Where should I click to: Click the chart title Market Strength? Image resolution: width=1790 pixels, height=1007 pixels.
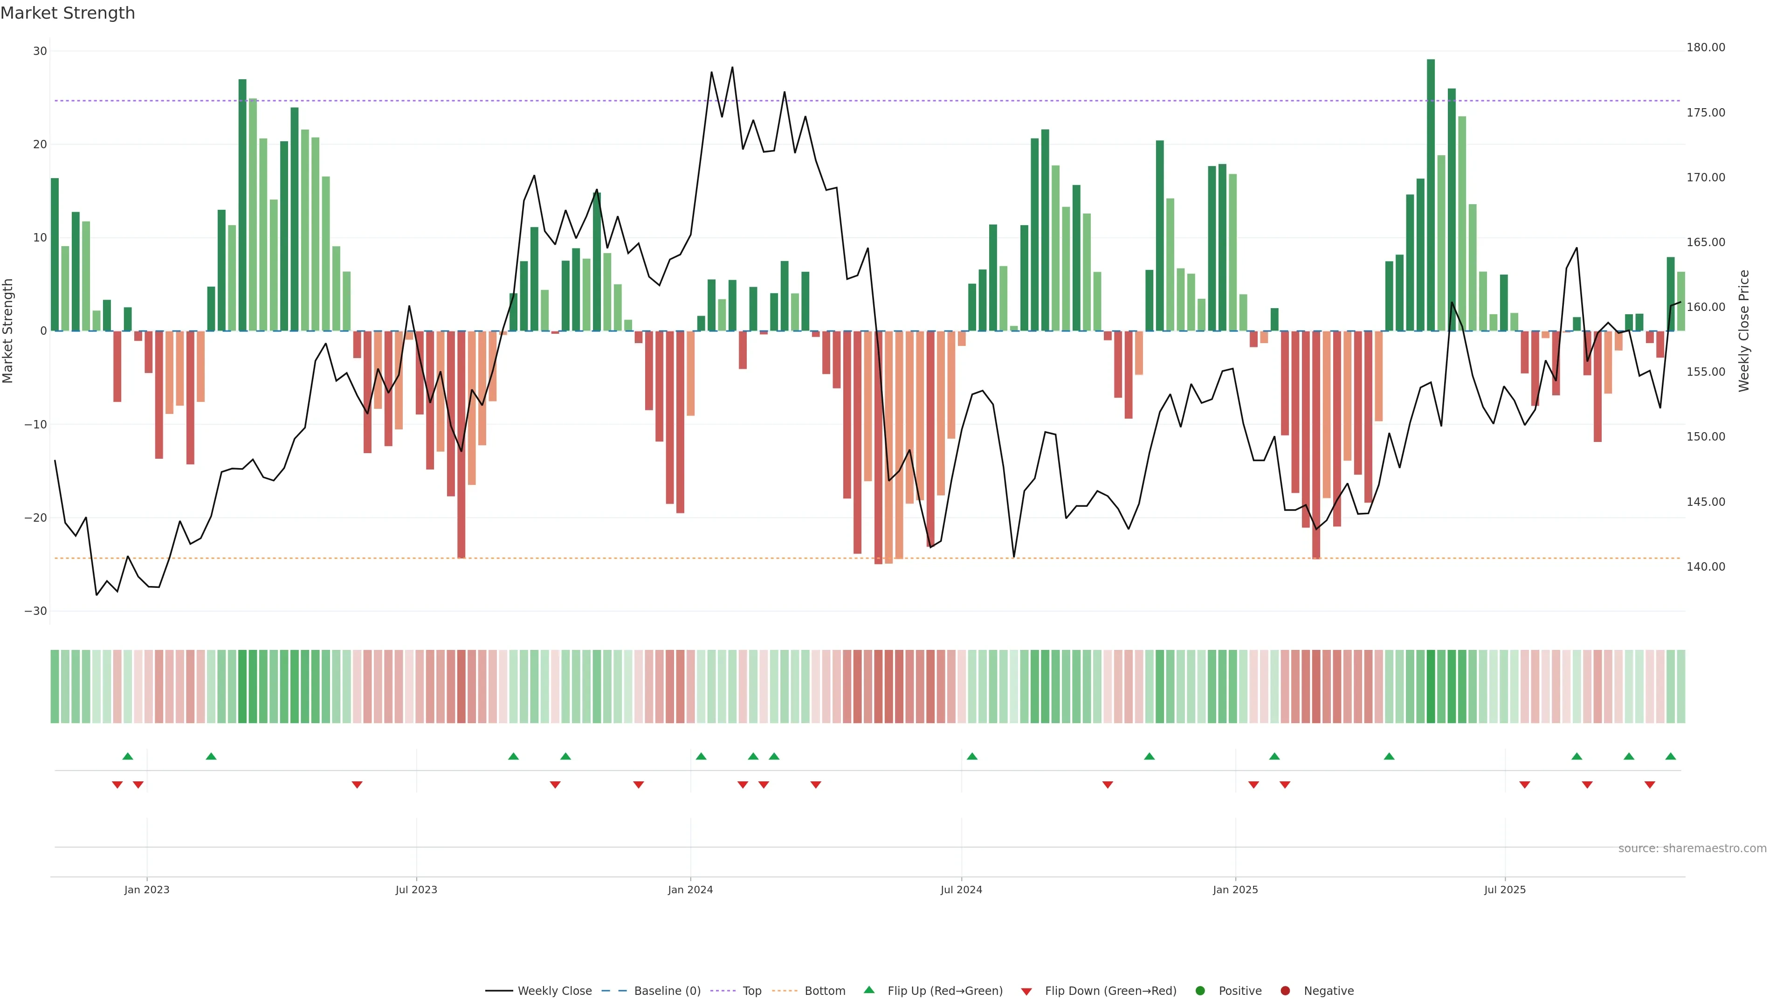point(68,13)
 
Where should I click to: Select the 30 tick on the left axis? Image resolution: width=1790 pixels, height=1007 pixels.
point(40,51)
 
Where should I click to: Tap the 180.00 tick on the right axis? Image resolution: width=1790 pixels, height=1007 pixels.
point(1705,47)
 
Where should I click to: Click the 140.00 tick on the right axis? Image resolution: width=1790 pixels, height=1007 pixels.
point(1705,567)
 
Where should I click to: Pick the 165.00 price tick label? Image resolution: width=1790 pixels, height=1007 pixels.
point(1705,242)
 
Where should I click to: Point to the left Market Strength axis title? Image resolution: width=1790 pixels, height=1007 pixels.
point(8,331)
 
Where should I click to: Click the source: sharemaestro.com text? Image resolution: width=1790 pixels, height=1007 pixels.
point(1692,848)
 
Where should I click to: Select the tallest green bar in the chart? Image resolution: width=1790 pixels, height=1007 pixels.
point(1431,194)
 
